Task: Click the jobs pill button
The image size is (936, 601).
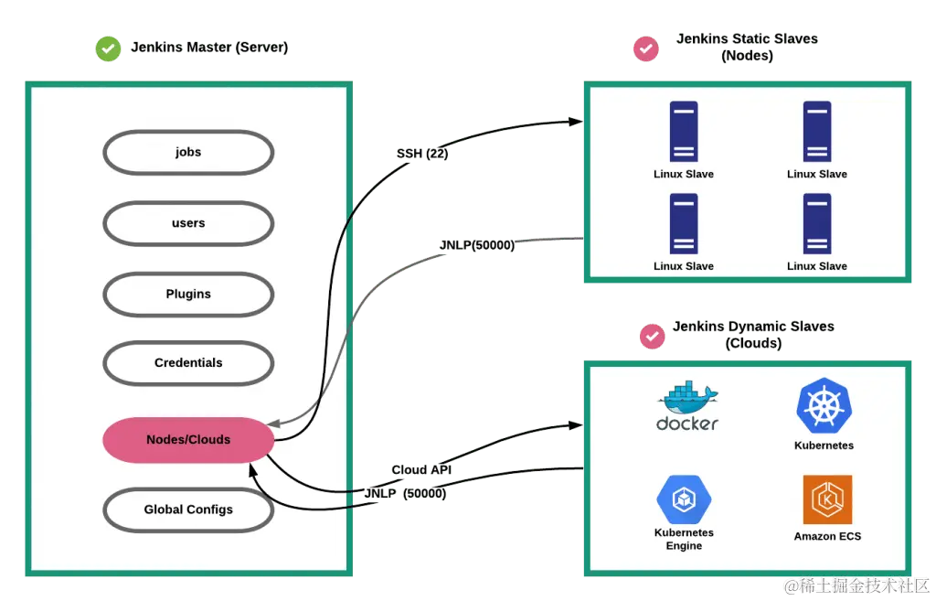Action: (188, 152)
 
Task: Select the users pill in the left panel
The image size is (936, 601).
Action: (188, 223)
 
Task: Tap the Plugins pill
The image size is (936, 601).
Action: (188, 294)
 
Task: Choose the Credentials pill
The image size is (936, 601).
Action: (188, 363)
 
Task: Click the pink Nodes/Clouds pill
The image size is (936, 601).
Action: (188, 440)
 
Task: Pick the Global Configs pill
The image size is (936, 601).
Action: (188, 510)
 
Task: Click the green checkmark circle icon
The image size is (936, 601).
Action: (109, 49)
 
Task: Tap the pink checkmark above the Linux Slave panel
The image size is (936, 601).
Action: (646, 48)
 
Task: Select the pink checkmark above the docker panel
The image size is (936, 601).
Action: (652, 336)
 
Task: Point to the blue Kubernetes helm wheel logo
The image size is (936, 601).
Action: (824, 406)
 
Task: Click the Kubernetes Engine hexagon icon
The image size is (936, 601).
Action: (684, 499)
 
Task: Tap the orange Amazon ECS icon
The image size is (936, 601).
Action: (827, 499)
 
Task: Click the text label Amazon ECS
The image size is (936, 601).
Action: (827, 536)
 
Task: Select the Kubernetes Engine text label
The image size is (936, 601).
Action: (684, 539)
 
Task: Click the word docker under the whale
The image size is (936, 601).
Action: (687, 424)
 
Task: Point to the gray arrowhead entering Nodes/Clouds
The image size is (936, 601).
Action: (273, 424)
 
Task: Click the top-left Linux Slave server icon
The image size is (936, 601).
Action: (684, 132)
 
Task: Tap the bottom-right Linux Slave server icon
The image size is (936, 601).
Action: (816, 224)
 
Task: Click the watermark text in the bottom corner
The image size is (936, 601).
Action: (856, 585)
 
